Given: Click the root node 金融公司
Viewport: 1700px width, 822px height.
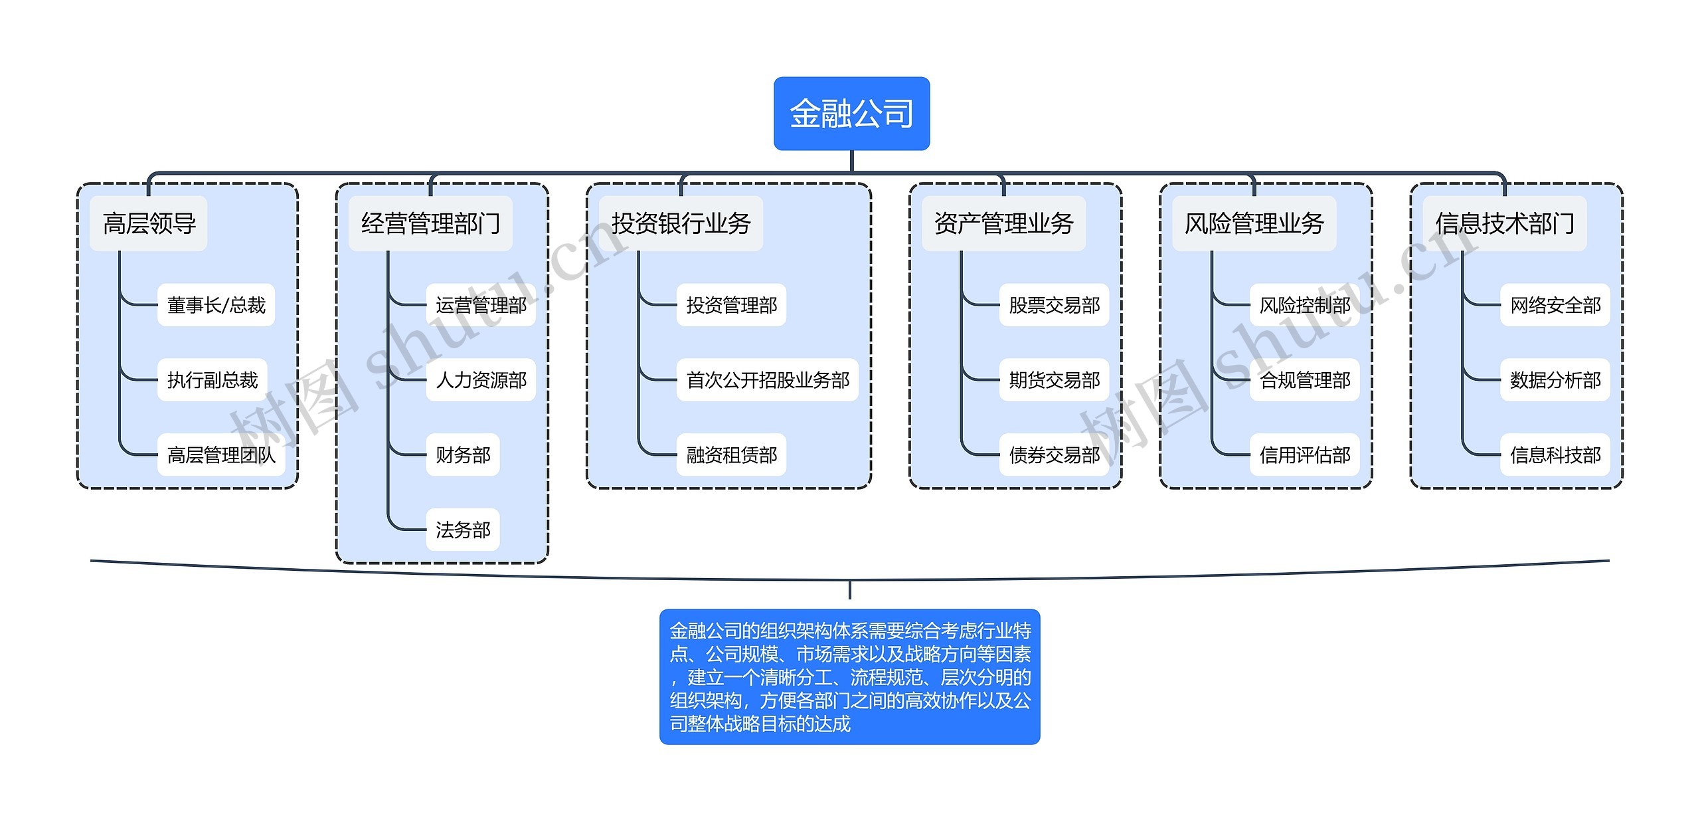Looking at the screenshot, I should point(851,114).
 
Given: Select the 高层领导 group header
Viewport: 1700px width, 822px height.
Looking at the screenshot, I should point(149,223).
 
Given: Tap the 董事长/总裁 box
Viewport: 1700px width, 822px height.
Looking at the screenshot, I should point(216,305).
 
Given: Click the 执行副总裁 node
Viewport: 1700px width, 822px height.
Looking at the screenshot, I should point(212,380).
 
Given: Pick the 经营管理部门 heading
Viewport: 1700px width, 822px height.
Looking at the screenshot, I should point(430,223).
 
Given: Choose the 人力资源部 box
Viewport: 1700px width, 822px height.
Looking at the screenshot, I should point(481,380).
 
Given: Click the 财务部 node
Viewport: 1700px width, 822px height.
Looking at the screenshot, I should point(462,455).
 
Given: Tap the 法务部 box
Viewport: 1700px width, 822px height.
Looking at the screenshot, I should point(462,530).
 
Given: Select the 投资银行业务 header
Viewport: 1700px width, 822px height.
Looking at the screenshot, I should point(681,223).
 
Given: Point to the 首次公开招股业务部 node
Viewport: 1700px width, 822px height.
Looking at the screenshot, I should point(767,380).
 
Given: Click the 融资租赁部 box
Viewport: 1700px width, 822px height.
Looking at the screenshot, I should point(731,455).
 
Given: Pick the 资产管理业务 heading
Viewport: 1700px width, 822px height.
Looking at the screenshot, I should point(1003,223).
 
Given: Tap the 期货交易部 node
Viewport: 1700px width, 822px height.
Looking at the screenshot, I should point(1054,380).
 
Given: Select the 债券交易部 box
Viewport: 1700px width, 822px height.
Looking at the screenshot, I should point(1054,455).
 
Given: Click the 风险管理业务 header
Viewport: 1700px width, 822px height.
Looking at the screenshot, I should point(1254,223).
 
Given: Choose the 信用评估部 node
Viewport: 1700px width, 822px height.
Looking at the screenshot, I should point(1304,455).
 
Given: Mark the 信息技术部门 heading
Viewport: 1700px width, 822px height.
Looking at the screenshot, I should point(1504,223).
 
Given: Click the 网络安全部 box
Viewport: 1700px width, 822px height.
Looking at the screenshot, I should point(1555,305).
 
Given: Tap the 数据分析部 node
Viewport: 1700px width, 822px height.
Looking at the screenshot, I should point(1555,380).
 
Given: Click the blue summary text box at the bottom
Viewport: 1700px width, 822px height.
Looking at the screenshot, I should point(849,676).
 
